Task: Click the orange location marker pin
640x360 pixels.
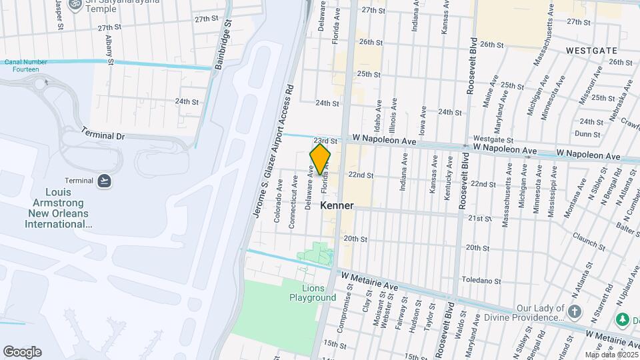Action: point(320,159)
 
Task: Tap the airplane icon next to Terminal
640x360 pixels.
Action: point(104,181)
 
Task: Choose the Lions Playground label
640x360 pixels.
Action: point(312,293)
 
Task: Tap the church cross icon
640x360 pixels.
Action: point(574,311)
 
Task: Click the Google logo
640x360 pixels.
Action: point(22,352)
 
